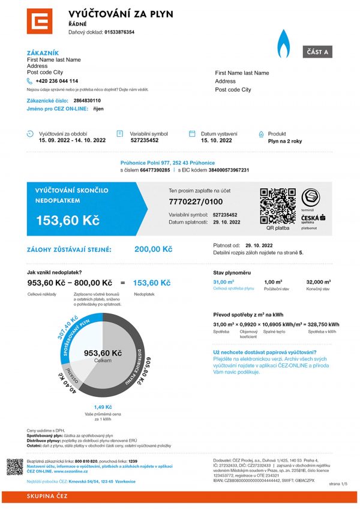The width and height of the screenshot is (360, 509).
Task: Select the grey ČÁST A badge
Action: tap(317, 52)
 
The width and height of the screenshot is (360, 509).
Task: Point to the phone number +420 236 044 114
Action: tap(56, 81)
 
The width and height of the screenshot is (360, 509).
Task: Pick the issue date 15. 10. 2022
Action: tap(216, 140)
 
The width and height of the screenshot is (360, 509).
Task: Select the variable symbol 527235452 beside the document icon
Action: tap(145, 140)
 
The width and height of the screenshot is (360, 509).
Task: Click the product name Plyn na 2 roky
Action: tap(286, 140)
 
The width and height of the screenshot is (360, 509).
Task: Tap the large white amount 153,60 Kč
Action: tap(68, 221)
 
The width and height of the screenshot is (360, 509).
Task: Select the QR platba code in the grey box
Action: tap(277, 206)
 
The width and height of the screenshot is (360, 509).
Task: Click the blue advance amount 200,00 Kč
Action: tap(153, 249)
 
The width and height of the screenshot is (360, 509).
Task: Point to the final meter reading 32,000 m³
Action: tap(319, 282)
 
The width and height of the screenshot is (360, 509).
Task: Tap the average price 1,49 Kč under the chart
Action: tap(103, 407)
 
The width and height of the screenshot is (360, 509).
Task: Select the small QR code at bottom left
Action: tap(15, 466)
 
